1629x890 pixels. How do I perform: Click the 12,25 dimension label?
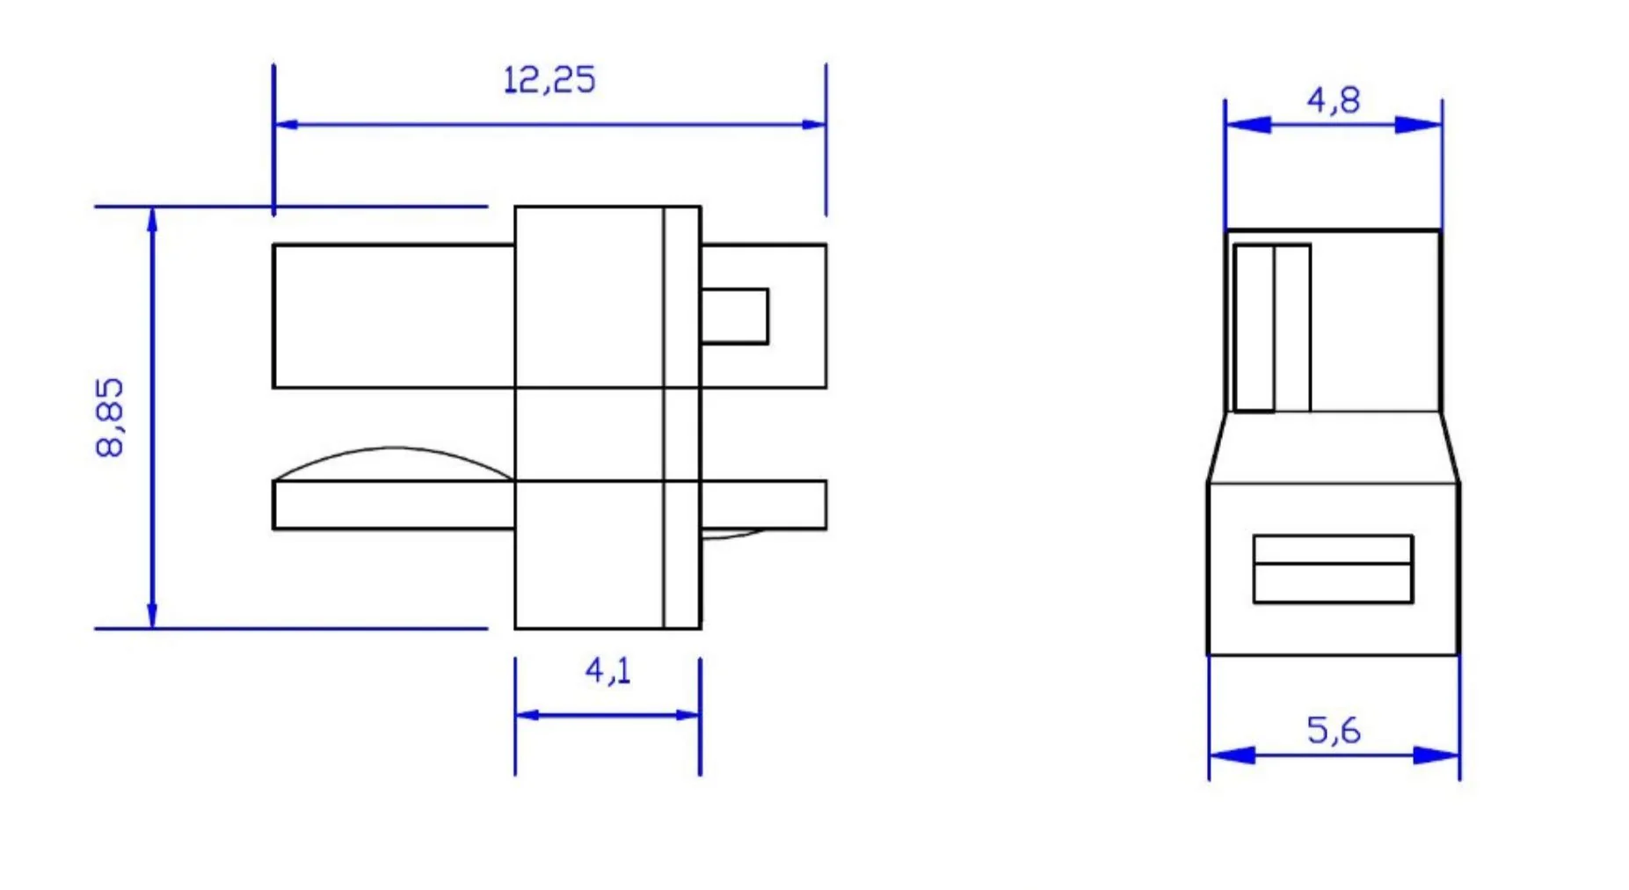(x=549, y=80)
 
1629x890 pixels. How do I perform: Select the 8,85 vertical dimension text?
(x=110, y=418)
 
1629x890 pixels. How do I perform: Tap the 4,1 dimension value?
(x=608, y=671)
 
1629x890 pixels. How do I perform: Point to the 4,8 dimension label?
(x=1334, y=100)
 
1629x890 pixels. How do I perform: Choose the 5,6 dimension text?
(x=1334, y=730)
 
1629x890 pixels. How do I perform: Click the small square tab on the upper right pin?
(x=735, y=316)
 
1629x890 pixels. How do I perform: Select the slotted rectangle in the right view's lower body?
(x=1333, y=569)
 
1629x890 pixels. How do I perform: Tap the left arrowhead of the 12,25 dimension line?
(x=286, y=125)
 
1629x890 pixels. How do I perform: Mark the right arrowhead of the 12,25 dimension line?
(x=814, y=125)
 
